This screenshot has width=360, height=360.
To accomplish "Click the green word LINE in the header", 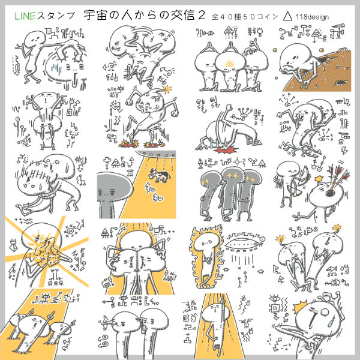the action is pos(25,16).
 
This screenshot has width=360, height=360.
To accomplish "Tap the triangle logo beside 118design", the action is pos(287,17).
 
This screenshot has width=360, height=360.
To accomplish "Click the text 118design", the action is pos(312,17).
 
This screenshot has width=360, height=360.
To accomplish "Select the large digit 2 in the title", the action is pos(201,15).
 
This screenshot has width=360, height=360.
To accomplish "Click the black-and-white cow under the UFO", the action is pos(160,176).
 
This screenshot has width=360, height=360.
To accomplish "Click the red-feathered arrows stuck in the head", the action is pos(338,179).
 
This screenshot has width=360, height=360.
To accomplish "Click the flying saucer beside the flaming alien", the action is pos(244,244).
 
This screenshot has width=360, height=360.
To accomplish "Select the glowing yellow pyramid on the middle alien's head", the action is pos(230,64).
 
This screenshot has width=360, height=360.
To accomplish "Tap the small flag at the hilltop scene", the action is pos(339,26).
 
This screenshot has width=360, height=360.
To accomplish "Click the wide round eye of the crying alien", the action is pos(325,312).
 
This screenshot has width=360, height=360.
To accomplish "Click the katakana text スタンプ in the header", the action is pos(56,16).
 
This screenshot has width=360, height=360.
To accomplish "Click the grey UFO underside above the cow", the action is pos(156,154).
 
